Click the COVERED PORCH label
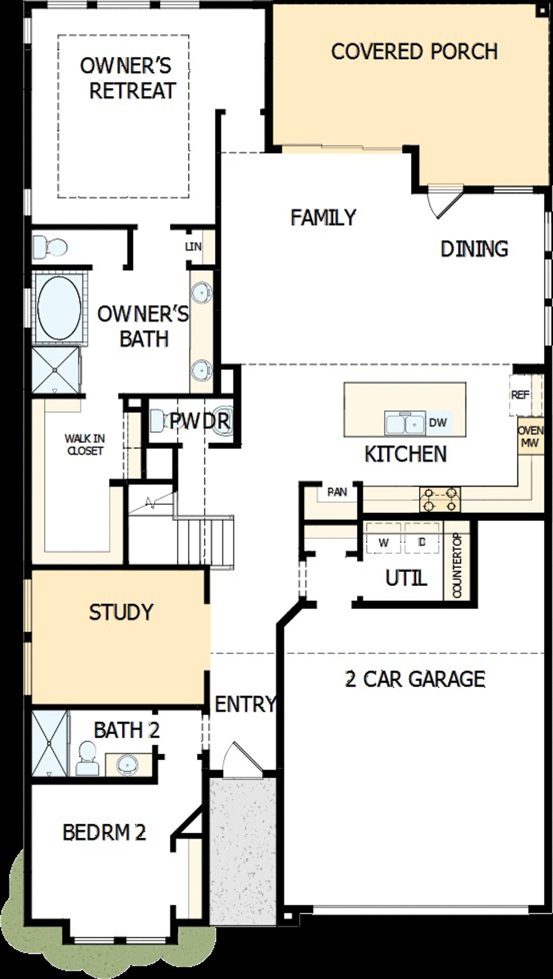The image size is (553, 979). click(414, 51)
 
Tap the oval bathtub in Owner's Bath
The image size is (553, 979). click(59, 308)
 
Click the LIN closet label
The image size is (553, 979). click(193, 246)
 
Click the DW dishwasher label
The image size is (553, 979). click(438, 422)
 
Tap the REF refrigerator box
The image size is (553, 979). click(520, 395)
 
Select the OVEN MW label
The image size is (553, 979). click(531, 437)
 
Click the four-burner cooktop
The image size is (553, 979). click(440, 499)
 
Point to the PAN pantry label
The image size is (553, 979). click(337, 492)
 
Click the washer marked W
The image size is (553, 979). click(383, 543)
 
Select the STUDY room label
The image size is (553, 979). click(121, 612)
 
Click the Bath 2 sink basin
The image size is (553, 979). click(127, 765)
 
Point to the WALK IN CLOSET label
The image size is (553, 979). click(85, 445)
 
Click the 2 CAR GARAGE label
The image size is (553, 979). click(415, 678)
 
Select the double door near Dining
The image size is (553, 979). click(445, 201)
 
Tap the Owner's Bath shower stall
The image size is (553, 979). click(55, 370)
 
